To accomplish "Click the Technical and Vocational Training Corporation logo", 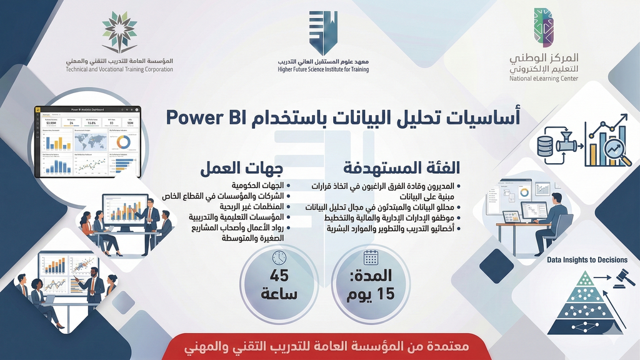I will click(119, 31).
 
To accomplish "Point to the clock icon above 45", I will click(279, 257).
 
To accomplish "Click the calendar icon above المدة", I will click(371, 257).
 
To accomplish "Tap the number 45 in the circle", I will click(279, 276).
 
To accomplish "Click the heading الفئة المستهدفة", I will click(402, 168).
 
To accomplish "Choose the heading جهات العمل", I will click(241, 169).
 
